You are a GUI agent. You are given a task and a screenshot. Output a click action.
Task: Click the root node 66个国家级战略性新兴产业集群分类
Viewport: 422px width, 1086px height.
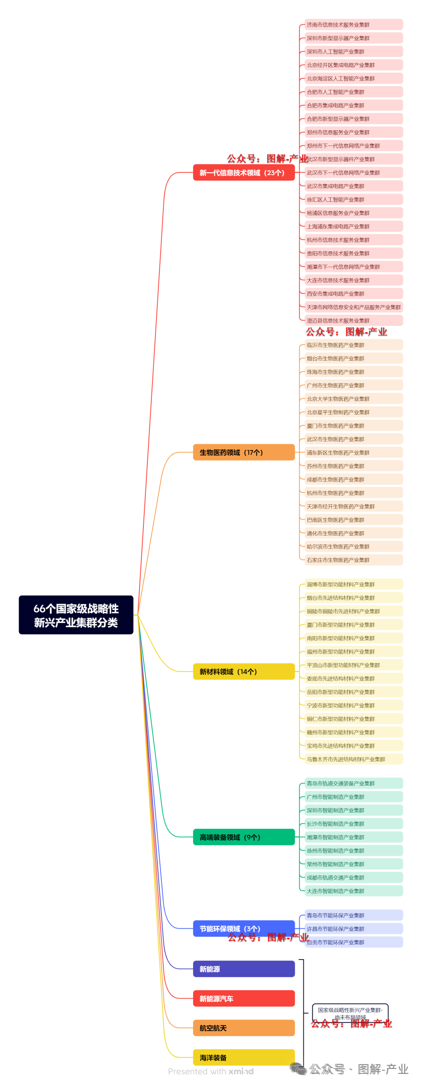click(x=76, y=615)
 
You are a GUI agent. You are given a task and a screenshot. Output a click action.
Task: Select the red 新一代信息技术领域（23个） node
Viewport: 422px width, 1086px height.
click(x=243, y=173)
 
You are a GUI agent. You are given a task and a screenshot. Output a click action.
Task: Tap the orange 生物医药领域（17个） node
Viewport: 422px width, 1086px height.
click(x=243, y=452)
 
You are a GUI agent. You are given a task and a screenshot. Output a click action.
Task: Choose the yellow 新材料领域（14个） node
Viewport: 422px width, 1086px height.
click(x=243, y=672)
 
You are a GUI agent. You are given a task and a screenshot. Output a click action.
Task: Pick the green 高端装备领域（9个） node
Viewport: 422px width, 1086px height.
click(x=243, y=837)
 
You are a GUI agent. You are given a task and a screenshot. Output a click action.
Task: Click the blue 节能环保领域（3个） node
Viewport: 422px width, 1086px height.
click(x=243, y=928)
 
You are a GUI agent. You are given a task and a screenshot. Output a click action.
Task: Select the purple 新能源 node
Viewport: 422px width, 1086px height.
click(x=243, y=969)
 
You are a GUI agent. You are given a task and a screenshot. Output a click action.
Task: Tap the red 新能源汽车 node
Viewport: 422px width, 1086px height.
click(x=243, y=998)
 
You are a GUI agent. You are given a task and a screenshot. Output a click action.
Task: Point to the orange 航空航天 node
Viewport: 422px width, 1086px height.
click(x=243, y=1028)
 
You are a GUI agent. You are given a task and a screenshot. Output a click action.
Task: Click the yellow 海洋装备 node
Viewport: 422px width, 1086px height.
click(x=243, y=1057)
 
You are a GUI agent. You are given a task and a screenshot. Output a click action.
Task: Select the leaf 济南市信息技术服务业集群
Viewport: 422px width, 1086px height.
click(x=353, y=25)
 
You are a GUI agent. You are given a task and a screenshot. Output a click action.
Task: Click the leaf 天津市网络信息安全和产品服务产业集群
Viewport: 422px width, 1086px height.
click(x=353, y=307)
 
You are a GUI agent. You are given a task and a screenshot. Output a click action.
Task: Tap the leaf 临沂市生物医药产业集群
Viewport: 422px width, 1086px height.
click(x=353, y=345)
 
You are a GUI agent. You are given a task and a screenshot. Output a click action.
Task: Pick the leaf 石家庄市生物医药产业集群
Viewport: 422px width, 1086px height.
click(x=353, y=560)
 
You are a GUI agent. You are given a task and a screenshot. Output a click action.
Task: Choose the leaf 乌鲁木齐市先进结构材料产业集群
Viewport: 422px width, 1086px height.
click(x=353, y=759)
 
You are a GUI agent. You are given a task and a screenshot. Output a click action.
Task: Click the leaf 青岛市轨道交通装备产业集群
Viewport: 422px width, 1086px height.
click(x=353, y=783)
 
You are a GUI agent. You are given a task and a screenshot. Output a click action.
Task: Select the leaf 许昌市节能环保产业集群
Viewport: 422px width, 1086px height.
click(x=353, y=929)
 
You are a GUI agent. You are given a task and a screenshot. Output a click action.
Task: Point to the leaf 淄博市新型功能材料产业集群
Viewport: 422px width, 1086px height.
click(x=353, y=584)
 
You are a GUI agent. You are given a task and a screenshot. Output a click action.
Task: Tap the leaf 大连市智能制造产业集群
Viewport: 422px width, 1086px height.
click(x=353, y=891)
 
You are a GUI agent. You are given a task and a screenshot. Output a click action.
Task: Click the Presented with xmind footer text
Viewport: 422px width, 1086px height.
click(x=211, y=1071)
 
